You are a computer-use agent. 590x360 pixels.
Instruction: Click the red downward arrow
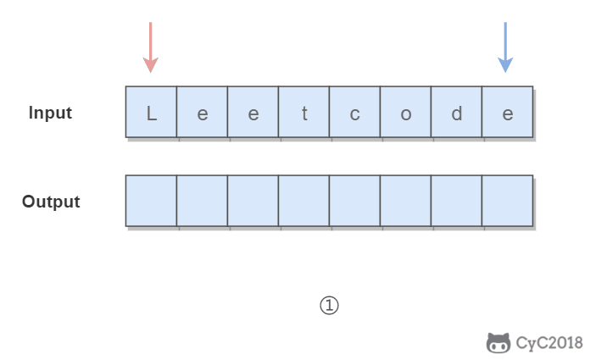tap(151, 47)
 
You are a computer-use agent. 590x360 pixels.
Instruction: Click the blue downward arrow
tap(505, 47)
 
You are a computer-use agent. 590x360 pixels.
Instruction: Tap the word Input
tap(50, 113)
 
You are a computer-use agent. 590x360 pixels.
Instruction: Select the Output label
tap(51, 202)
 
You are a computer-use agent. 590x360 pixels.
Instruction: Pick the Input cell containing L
tap(151, 112)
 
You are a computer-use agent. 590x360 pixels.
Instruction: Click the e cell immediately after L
tap(202, 112)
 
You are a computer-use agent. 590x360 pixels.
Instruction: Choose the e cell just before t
tap(253, 112)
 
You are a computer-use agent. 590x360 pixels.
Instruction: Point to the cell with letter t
tap(304, 112)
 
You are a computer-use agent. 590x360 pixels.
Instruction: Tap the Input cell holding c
tap(355, 112)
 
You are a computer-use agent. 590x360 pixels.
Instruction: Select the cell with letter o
tap(405, 112)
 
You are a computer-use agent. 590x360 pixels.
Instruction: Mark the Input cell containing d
tap(456, 112)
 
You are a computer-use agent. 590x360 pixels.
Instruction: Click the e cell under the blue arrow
tap(508, 112)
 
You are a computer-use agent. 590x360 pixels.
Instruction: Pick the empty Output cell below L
tap(151, 201)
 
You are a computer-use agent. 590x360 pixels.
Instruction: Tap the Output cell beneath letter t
tap(304, 201)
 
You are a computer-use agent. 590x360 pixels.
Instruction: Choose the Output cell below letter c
tap(355, 201)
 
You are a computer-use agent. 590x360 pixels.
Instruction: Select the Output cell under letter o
tap(405, 201)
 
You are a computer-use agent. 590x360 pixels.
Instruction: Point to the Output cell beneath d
tap(456, 201)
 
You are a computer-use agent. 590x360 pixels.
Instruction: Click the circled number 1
tap(329, 305)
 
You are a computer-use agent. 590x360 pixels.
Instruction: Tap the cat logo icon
tap(498, 343)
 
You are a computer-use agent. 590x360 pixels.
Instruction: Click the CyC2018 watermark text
tap(549, 343)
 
